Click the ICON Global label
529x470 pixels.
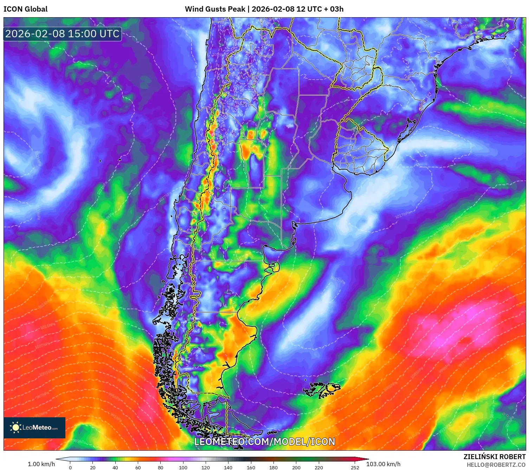point(25,9)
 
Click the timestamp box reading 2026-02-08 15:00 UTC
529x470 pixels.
point(63,34)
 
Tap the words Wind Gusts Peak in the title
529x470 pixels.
point(215,9)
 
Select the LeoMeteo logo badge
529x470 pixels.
point(34,427)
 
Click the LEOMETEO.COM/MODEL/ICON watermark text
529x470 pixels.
point(265,442)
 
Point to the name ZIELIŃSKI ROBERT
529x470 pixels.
point(494,457)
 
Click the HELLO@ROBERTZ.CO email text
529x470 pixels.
point(496,465)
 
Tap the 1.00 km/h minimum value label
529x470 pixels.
point(41,464)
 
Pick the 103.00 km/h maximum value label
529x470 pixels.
point(383,464)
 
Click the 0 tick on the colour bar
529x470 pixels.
point(70,468)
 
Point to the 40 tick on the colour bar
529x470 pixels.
point(115,468)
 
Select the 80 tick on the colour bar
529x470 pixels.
point(161,468)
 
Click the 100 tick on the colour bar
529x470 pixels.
point(183,468)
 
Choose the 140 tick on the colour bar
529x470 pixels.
point(228,468)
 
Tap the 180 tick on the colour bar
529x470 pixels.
point(273,468)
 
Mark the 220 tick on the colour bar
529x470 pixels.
point(318,468)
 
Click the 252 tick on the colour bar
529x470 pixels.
point(355,468)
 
